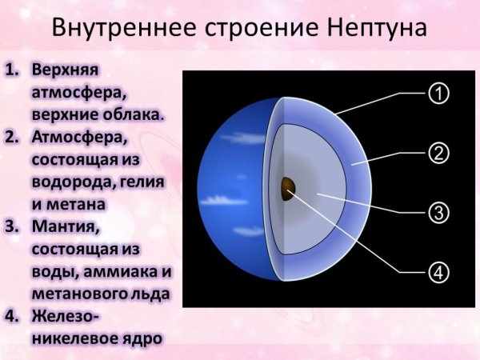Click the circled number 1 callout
click(x=438, y=94)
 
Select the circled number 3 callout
click(x=438, y=212)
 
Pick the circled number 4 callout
click(x=438, y=272)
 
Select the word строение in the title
click(x=253, y=28)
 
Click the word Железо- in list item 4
click(x=66, y=317)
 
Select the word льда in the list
click(x=153, y=294)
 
